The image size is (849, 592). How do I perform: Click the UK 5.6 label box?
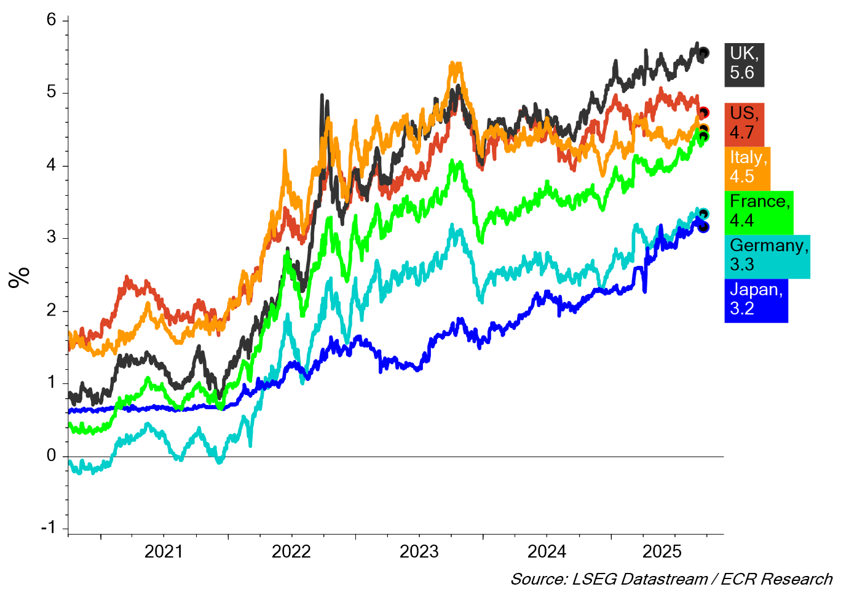744,63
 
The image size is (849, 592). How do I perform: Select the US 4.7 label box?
744,124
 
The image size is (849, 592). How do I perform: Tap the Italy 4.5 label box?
747,167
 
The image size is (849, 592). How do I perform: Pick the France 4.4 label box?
759,212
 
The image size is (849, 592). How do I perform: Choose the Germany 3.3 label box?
767,256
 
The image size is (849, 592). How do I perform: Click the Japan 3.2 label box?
756,300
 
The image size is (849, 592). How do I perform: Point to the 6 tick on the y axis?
51,20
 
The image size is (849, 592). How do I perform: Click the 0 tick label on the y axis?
51,456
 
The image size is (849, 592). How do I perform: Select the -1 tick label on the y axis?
48,528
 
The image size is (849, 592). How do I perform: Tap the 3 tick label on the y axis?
51,238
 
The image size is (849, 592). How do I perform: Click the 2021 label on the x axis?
164,552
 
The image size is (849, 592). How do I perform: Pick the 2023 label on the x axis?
419,552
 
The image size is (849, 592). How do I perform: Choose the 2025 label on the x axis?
662,552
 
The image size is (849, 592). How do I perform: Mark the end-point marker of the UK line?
704,53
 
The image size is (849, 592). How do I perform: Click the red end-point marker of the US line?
704,113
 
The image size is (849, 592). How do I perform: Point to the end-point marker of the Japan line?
704,227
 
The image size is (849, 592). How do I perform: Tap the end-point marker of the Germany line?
704,214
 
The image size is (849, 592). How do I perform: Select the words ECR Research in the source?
776,580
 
